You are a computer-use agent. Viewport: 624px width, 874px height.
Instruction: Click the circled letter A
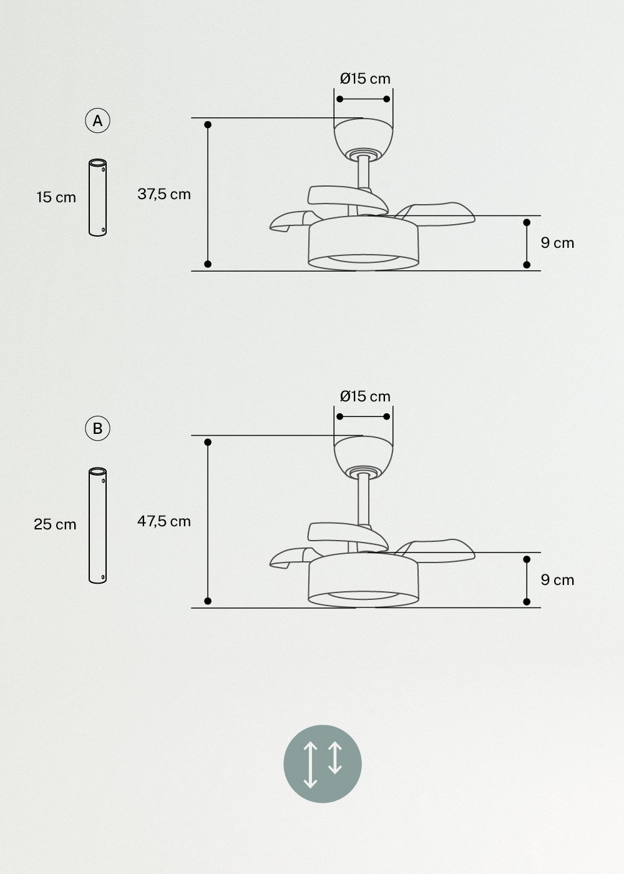[97, 121]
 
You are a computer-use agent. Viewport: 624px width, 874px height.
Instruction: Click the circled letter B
[97, 429]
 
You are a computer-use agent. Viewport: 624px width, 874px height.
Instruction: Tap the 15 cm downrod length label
[56, 197]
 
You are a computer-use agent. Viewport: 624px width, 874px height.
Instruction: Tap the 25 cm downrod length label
[55, 524]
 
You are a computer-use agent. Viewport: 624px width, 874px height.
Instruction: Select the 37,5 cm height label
[164, 194]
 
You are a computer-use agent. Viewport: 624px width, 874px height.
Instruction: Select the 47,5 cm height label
[164, 521]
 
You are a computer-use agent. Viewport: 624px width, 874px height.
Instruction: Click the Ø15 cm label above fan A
[365, 79]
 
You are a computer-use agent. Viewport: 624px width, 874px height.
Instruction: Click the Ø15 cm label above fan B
[365, 396]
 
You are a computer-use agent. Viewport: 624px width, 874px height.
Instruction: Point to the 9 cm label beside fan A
[557, 243]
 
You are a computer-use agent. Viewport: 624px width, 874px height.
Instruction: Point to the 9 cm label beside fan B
[557, 580]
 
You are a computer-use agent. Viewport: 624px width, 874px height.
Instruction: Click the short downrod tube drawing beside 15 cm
[97, 198]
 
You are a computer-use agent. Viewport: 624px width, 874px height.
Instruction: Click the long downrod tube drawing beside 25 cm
[97, 525]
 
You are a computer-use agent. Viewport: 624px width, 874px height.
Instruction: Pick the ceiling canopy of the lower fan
[364, 454]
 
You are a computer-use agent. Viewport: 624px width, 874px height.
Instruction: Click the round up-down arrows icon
[323, 764]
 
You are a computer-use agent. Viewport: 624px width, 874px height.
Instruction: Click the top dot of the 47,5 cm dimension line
[208, 442]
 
